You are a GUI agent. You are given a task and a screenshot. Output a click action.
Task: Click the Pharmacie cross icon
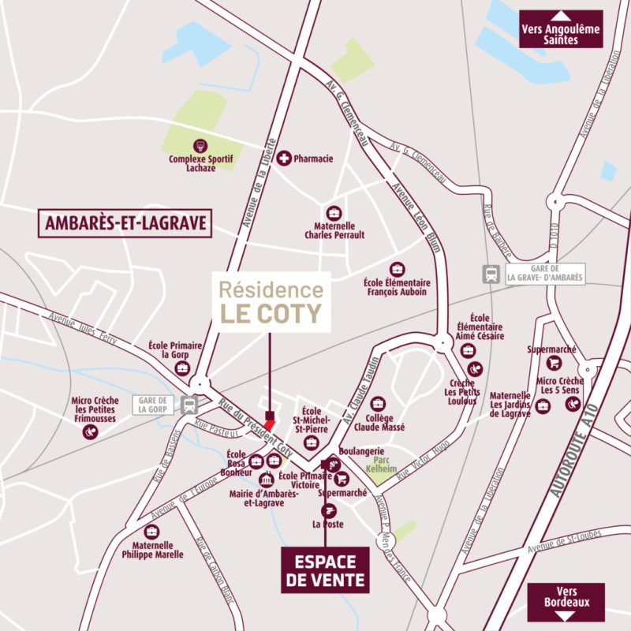284,159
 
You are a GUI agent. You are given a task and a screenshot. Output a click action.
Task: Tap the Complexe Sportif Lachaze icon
200,146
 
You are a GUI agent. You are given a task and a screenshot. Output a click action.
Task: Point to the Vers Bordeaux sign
566,601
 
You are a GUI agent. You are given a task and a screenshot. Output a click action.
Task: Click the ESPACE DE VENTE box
325,570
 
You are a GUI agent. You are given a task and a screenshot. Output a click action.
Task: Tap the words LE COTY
271,313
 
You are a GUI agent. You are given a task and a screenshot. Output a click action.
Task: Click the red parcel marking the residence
269,425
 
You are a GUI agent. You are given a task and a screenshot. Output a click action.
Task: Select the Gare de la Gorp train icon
189,405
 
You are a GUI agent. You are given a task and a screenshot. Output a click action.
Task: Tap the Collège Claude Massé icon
379,404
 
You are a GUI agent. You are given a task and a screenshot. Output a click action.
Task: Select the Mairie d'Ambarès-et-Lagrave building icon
266,480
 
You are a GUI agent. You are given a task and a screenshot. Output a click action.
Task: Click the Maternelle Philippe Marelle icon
152,532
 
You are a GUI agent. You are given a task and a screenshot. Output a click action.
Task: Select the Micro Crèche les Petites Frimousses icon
91,432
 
